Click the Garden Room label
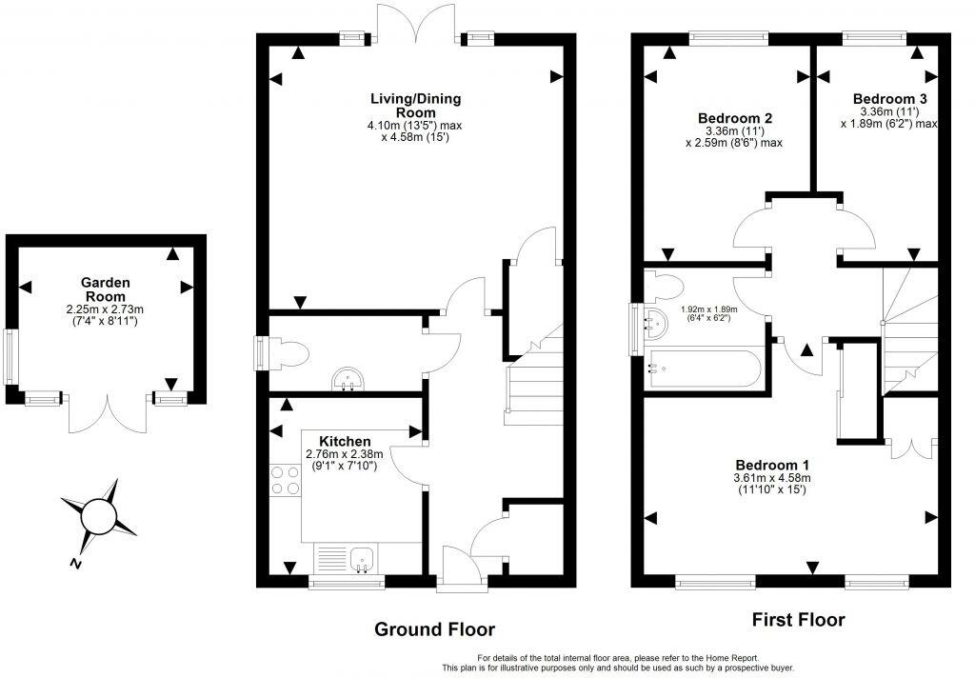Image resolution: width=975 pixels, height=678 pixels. [x=105, y=289]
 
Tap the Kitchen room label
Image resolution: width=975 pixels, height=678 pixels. [x=345, y=442]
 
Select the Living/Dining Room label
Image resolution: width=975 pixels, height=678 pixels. [x=416, y=105]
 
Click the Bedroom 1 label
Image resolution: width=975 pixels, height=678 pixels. [x=772, y=465]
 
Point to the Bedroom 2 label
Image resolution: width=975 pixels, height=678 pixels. [x=735, y=118]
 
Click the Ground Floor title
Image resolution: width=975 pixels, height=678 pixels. [x=434, y=629]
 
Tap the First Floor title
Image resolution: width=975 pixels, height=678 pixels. [x=799, y=620]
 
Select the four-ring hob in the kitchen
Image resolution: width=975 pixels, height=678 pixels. [x=286, y=480]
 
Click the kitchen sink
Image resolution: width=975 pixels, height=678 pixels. [x=362, y=559]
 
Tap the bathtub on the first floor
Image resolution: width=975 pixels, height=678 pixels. [x=702, y=369]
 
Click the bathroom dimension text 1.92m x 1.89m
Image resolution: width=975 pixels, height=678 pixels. [x=708, y=313]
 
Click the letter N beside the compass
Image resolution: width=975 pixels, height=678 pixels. [x=76, y=564]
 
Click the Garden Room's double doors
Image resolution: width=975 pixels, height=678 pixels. [x=109, y=413]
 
